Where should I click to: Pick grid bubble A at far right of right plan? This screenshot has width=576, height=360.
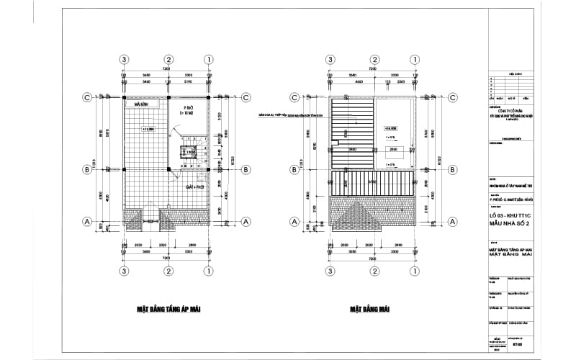(452, 221)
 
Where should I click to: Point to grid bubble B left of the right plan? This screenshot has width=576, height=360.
(294, 170)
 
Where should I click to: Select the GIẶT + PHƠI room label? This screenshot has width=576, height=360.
(195, 186)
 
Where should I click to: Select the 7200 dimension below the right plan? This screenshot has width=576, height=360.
(373, 257)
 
